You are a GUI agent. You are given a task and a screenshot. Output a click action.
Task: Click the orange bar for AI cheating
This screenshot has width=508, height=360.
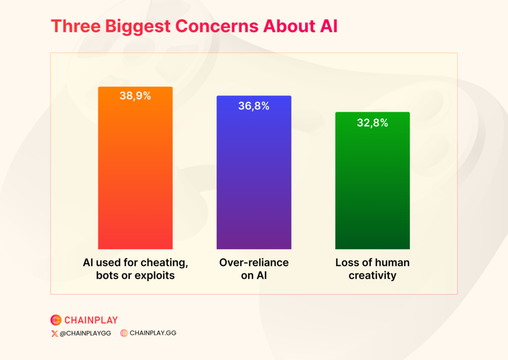tap(135, 174)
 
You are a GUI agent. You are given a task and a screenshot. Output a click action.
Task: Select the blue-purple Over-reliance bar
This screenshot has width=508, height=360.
tap(254, 179)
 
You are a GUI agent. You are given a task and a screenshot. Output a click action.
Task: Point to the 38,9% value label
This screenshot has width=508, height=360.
tap(135, 96)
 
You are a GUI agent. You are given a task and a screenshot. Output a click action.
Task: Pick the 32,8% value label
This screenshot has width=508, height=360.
tap(372, 123)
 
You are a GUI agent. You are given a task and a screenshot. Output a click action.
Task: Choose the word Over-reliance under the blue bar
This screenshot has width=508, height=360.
tap(254, 262)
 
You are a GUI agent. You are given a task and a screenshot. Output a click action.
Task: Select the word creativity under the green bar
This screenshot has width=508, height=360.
tap(372, 275)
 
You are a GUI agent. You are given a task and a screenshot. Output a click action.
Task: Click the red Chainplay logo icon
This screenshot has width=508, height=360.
tap(56, 320)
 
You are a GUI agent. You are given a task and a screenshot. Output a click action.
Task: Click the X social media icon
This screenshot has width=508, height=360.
tap(54, 333)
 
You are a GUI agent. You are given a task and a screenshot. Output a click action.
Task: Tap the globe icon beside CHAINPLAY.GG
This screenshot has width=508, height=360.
tap(124, 333)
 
